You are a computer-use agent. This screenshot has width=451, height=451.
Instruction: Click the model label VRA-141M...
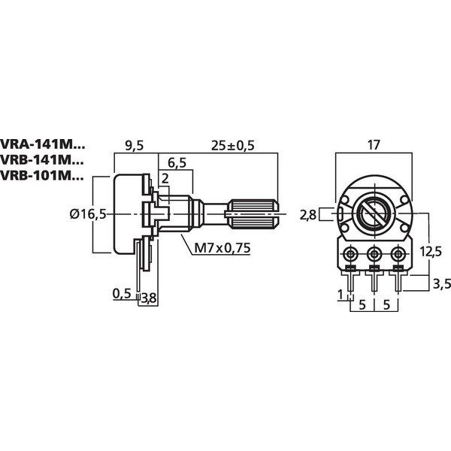(44, 144)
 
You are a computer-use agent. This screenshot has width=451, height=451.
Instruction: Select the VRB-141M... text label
(44, 160)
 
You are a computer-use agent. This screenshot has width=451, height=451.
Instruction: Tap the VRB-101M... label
(44, 176)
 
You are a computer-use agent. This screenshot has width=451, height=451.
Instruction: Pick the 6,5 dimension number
(178, 163)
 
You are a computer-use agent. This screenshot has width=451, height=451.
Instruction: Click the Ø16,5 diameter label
(87, 214)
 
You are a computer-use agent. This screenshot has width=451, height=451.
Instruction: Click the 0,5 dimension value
(122, 293)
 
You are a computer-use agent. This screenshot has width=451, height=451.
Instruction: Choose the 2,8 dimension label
(307, 215)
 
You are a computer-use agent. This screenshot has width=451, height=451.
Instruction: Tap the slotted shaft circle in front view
(374, 214)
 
